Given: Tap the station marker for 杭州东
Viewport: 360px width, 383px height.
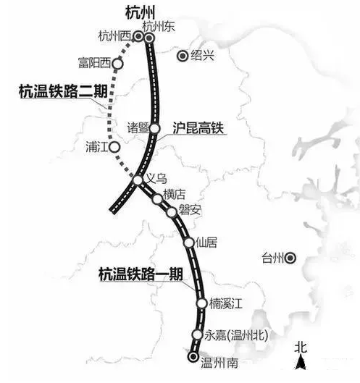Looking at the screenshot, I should pos(150,37).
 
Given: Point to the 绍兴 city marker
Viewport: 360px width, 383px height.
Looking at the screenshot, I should pos(183,56).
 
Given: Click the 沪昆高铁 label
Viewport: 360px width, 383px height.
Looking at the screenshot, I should pos(197,128).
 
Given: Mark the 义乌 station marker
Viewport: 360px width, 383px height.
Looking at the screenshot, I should pos(138,180).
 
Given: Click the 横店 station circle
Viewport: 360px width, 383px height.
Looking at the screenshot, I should pos(157,198).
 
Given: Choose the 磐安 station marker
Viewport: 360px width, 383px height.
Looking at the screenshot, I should pos(172,213).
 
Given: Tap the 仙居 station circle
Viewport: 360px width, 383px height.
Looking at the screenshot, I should pos(189,243).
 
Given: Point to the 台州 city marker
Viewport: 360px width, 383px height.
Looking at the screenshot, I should pos(290,257).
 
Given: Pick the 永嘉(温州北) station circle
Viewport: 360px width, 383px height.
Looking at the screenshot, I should pos(197,334).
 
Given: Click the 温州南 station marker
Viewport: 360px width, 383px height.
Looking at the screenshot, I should pos(193,356).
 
